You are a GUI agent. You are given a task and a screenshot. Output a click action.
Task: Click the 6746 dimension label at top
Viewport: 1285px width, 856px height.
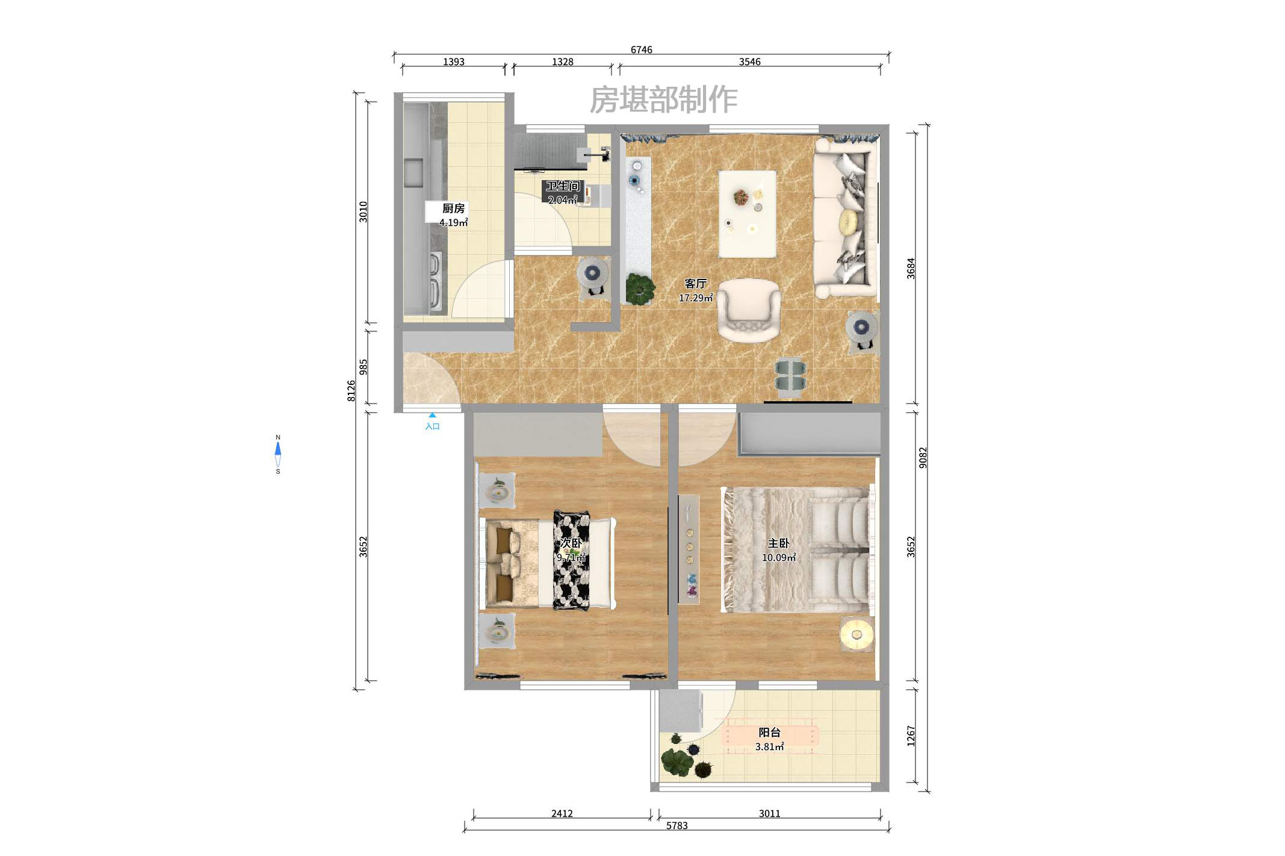click(x=641, y=49)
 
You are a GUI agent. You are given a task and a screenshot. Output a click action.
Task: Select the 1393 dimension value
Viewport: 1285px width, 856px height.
click(x=453, y=61)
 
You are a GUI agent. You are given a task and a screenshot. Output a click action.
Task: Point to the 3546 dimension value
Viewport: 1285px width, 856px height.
click(x=749, y=61)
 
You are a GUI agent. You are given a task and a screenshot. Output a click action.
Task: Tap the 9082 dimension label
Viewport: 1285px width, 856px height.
click(x=923, y=458)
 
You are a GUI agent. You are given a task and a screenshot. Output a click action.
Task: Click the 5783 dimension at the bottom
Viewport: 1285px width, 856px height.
click(x=677, y=825)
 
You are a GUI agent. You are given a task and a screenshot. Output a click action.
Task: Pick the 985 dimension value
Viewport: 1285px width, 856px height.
click(x=363, y=367)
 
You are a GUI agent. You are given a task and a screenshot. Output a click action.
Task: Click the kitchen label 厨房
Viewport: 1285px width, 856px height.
click(x=453, y=208)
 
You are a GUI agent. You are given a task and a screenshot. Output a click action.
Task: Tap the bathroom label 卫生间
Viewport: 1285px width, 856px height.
click(x=562, y=186)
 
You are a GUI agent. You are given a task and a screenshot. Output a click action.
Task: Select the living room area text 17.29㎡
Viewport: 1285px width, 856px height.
click(x=695, y=298)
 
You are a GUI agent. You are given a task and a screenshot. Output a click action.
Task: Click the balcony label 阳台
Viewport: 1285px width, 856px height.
click(x=769, y=733)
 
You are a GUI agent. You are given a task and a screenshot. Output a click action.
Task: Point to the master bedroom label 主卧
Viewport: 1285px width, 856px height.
click(x=778, y=543)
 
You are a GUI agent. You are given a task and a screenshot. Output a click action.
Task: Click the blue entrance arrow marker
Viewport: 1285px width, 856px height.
click(x=432, y=415)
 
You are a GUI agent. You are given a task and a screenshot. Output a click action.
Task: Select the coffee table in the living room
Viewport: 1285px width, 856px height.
click(x=747, y=213)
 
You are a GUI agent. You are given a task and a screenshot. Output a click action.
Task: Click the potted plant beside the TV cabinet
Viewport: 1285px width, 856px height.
click(x=640, y=287)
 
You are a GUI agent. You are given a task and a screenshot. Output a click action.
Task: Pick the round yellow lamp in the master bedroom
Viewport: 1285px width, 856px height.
click(x=856, y=634)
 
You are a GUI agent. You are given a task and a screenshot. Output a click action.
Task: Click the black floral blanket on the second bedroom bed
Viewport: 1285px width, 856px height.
click(x=571, y=560)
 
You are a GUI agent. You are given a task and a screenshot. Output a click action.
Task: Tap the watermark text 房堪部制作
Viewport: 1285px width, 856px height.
click(x=663, y=99)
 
